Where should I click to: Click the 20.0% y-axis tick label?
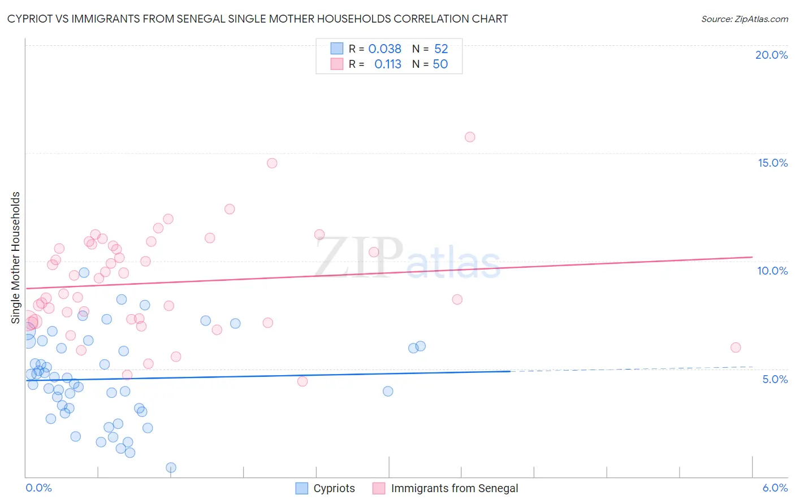[771, 55]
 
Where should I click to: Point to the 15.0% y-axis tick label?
[772, 163]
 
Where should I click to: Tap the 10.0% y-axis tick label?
[772, 271]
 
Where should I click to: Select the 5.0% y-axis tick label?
[775, 379]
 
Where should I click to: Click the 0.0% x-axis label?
[38, 488]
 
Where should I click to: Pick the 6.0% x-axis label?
[775, 488]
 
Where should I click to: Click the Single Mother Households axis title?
[16, 258]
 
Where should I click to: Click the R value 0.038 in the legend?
[384, 49]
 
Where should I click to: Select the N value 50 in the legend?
[440, 64]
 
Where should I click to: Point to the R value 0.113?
[387, 64]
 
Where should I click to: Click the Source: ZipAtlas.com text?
[744, 19]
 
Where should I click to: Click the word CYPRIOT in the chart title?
[33, 19]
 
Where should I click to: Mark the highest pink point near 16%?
[470, 137]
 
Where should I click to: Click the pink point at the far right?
[736, 347]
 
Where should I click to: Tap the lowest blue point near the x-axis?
[171, 467]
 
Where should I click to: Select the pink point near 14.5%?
[272, 163]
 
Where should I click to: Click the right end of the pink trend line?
[752, 257]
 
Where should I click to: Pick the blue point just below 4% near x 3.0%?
[388, 391]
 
